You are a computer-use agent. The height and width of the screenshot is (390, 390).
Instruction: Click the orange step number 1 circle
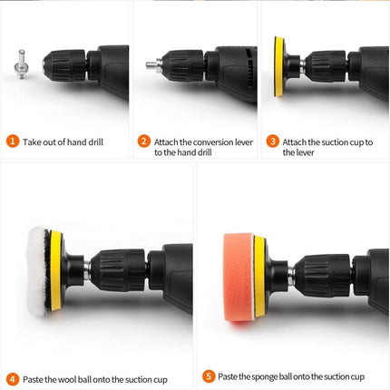[12, 141]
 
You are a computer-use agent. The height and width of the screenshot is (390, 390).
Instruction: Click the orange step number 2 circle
[143, 141]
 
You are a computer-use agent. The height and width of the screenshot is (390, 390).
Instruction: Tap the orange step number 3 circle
[272, 141]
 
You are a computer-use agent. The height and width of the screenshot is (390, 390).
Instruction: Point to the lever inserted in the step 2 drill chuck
[154, 64]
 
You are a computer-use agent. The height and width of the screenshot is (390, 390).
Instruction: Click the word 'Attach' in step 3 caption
[295, 141]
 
